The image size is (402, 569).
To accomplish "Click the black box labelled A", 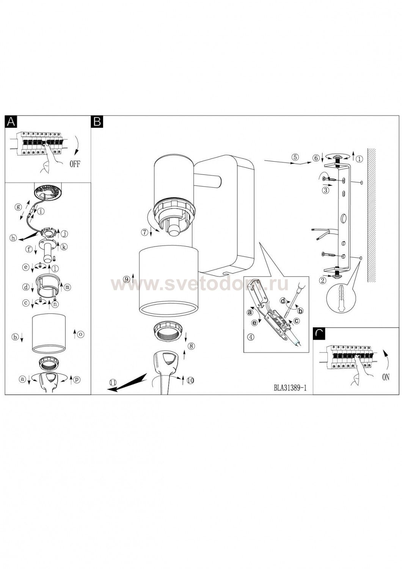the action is [x=11, y=122].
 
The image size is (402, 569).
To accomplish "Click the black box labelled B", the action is [x=97, y=122].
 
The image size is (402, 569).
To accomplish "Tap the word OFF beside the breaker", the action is [x=75, y=164].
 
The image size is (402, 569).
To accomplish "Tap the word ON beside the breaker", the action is [x=385, y=377].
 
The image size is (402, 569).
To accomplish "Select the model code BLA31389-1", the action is [x=290, y=388].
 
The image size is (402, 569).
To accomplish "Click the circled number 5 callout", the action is [x=295, y=157].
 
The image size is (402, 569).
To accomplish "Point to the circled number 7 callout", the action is [x=145, y=232].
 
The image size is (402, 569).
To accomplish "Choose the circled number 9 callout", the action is [x=126, y=279].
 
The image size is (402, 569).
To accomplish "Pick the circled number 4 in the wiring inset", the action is [x=251, y=337].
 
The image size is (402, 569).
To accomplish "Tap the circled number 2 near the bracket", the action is [x=323, y=280].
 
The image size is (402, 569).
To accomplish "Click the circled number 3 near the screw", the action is [x=325, y=190].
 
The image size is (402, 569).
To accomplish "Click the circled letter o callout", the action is [x=80, y=334].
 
